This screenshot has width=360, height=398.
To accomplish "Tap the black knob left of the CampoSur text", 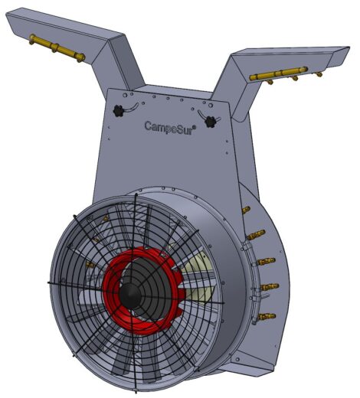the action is point(119,111).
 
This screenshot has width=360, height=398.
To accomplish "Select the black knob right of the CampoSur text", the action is point(211,122).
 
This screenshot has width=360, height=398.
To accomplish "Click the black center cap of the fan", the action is point(130,295).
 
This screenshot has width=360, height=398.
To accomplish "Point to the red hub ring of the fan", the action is point(143,291).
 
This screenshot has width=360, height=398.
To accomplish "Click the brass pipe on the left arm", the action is point(57,48).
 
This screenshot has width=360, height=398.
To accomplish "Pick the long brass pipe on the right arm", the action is point(278,73).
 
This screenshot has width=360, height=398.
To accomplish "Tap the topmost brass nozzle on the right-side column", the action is point(246,210).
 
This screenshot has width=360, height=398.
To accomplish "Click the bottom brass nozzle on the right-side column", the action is point(267,317).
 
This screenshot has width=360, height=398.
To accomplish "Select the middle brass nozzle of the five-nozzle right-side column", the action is point(266,261).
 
